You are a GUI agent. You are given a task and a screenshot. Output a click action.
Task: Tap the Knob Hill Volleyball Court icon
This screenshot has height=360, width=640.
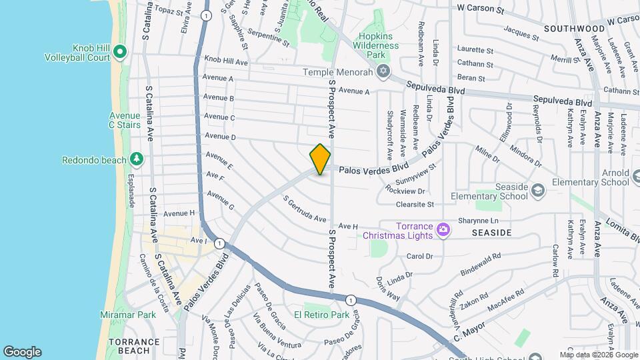tap(120, 51)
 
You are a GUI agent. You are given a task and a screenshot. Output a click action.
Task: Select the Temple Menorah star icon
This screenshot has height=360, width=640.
tap(383, 71)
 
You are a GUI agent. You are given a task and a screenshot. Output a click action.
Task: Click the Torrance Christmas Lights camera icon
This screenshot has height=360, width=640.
tap(443, 231)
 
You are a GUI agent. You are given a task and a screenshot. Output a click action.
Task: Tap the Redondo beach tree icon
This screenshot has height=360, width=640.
tap(137, 159)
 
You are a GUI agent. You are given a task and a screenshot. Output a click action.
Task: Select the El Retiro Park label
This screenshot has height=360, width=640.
tap(322, 315)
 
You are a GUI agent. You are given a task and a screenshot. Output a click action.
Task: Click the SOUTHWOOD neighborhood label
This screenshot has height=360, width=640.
tap(574, 29)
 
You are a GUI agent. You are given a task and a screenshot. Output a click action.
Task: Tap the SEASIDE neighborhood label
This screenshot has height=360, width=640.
tap(491, 233)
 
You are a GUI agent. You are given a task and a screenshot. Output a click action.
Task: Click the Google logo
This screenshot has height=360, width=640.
tap(22, 351)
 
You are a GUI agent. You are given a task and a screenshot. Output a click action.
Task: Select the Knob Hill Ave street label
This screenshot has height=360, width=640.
tap(226, 61)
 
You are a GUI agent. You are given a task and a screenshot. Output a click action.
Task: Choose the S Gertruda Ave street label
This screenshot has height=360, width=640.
tap(304, 209)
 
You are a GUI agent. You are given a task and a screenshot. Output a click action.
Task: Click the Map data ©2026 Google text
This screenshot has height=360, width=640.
tap(599, 355)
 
